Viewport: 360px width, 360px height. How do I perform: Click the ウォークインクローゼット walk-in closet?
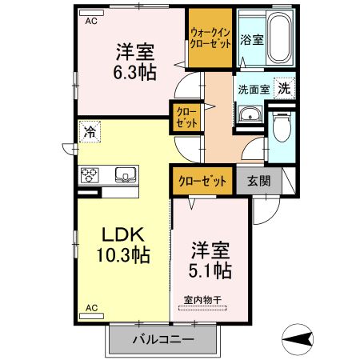click(210, 38)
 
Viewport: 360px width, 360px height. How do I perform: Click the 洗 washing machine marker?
click(283, 89)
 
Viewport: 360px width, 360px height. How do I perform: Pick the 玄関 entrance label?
click(258, 180)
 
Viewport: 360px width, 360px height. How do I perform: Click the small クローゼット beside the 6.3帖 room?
click(184, 118)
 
